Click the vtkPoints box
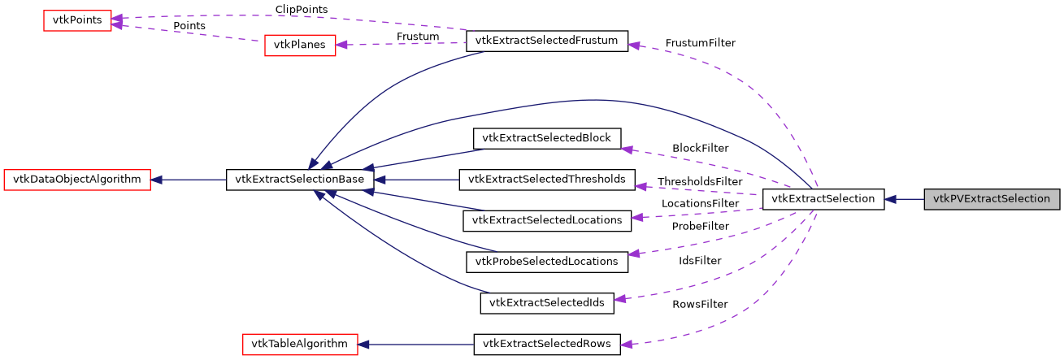[77, 20]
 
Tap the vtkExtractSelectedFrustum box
[547, 41]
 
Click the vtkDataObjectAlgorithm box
[78, 179]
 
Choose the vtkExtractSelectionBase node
[300, 179]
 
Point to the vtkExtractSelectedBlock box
[547, 138]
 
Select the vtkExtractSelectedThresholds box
[547, 179]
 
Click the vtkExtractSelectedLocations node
[547, 219]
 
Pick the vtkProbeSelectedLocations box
[547, 262]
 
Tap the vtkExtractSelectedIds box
[547, 303]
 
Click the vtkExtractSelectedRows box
[547, 344]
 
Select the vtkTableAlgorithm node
[300, 344]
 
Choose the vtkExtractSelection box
[823, 198]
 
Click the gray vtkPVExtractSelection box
[992, 198]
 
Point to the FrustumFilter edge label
[700, 42]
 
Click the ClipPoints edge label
[302, 9]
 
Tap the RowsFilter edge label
[700, 304]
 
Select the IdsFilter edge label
[700, 261]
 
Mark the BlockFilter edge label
[700, 148]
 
